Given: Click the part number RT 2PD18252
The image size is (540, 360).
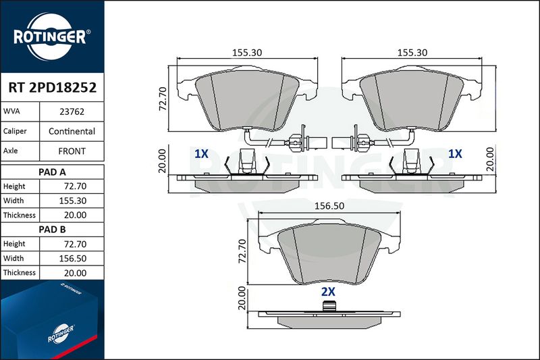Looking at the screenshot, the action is (53, 88).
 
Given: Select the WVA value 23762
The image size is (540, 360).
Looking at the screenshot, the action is (72, 111).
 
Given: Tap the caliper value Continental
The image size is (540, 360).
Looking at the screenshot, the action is (72, 131).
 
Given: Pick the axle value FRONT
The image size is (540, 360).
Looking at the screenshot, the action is (72, 151).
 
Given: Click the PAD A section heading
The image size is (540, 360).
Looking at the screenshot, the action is (52, 172).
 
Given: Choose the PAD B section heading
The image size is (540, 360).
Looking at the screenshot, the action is (52, 230).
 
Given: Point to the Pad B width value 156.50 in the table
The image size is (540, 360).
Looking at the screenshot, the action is (73, 259).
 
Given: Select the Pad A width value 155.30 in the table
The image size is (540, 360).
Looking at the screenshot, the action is (73, 201).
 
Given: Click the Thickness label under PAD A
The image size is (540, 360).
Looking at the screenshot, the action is (20, 215).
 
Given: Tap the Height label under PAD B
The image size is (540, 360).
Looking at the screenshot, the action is (14, 244).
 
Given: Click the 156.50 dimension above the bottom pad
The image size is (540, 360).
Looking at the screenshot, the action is (329, 206).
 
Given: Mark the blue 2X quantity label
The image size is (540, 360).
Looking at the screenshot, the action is (328, 292).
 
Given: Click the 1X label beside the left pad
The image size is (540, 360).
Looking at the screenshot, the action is (201, 153).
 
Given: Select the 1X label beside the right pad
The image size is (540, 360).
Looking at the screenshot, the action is (454, 153).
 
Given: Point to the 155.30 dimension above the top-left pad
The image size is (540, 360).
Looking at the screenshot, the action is (247, 53).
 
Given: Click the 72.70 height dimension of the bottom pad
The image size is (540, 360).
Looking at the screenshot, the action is (242, 251).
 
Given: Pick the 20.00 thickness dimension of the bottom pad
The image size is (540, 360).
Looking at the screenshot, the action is (242, 298).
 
